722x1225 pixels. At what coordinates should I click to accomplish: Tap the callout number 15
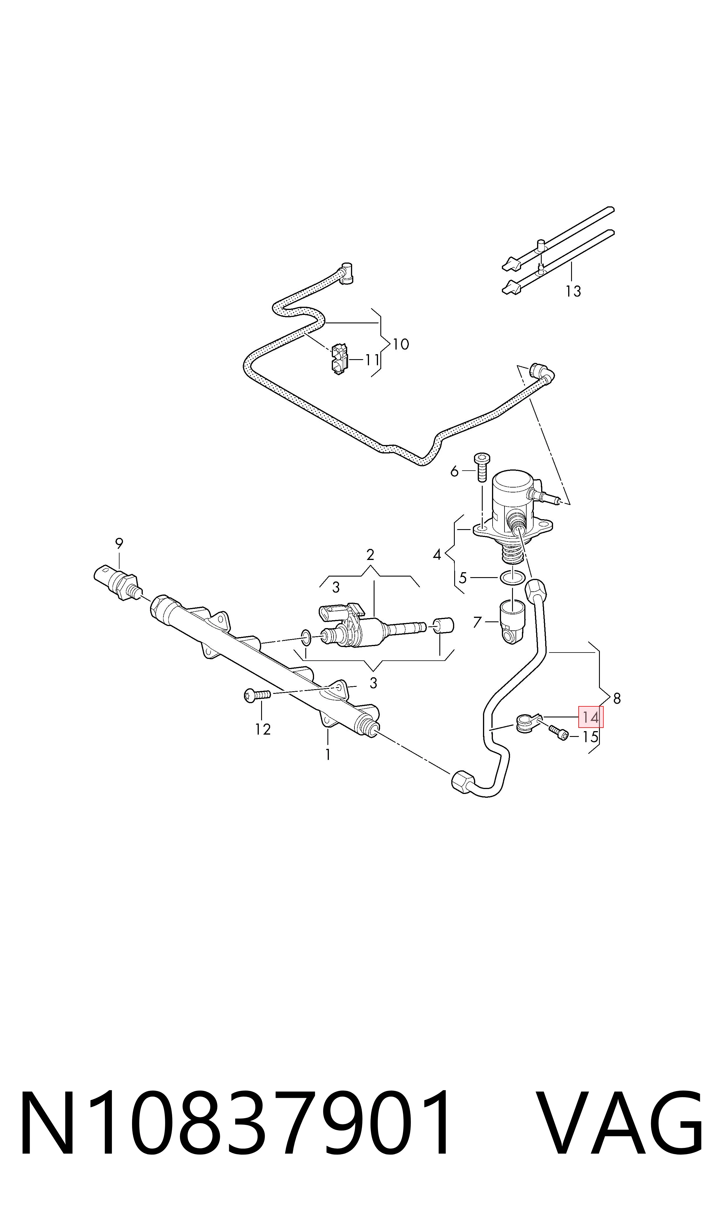point(590,737)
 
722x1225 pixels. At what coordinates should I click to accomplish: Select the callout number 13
point(573,291)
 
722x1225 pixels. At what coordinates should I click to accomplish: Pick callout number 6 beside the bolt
point(454,471)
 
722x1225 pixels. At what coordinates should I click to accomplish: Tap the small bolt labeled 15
point(559,732)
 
